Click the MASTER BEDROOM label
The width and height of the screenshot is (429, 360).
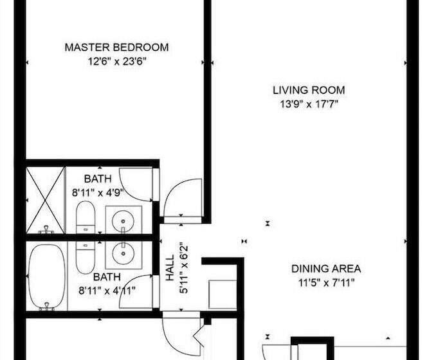coord(116,48)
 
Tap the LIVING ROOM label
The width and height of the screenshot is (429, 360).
coord(309,91)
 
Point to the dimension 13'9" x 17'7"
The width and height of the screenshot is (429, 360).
coord(309,104)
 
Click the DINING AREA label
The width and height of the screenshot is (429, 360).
coord(326,269)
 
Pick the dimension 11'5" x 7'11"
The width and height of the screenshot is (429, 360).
coord(326,282)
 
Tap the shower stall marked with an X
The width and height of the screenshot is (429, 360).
coord(46,199)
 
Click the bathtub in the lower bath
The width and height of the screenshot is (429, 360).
coord(46,275)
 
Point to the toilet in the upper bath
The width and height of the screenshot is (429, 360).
coord(85,219)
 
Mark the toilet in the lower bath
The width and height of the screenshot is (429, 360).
coord(85,256)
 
